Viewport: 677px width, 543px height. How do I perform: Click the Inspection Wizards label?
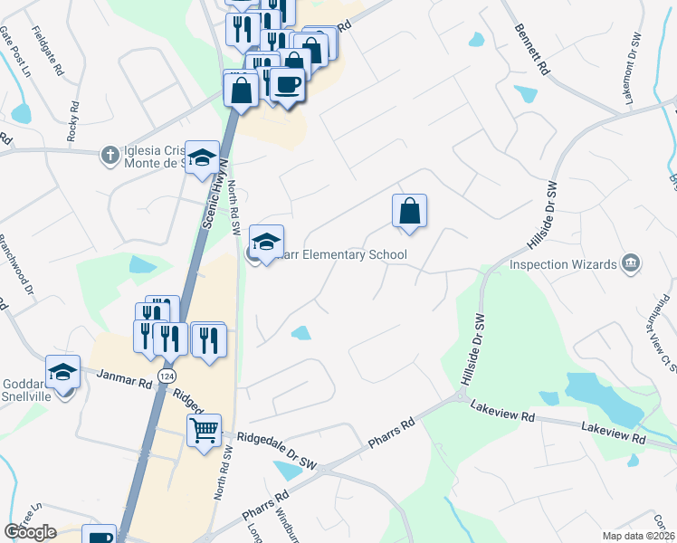(562, 264)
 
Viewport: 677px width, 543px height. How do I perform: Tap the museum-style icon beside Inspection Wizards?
(631, 264)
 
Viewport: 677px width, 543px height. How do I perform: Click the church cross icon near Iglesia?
(109, 155)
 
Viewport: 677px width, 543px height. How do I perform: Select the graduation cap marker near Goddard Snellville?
(63, 373)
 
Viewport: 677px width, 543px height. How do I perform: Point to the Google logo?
(31, 532)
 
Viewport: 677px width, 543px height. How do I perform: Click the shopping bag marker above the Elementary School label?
(409, 210)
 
